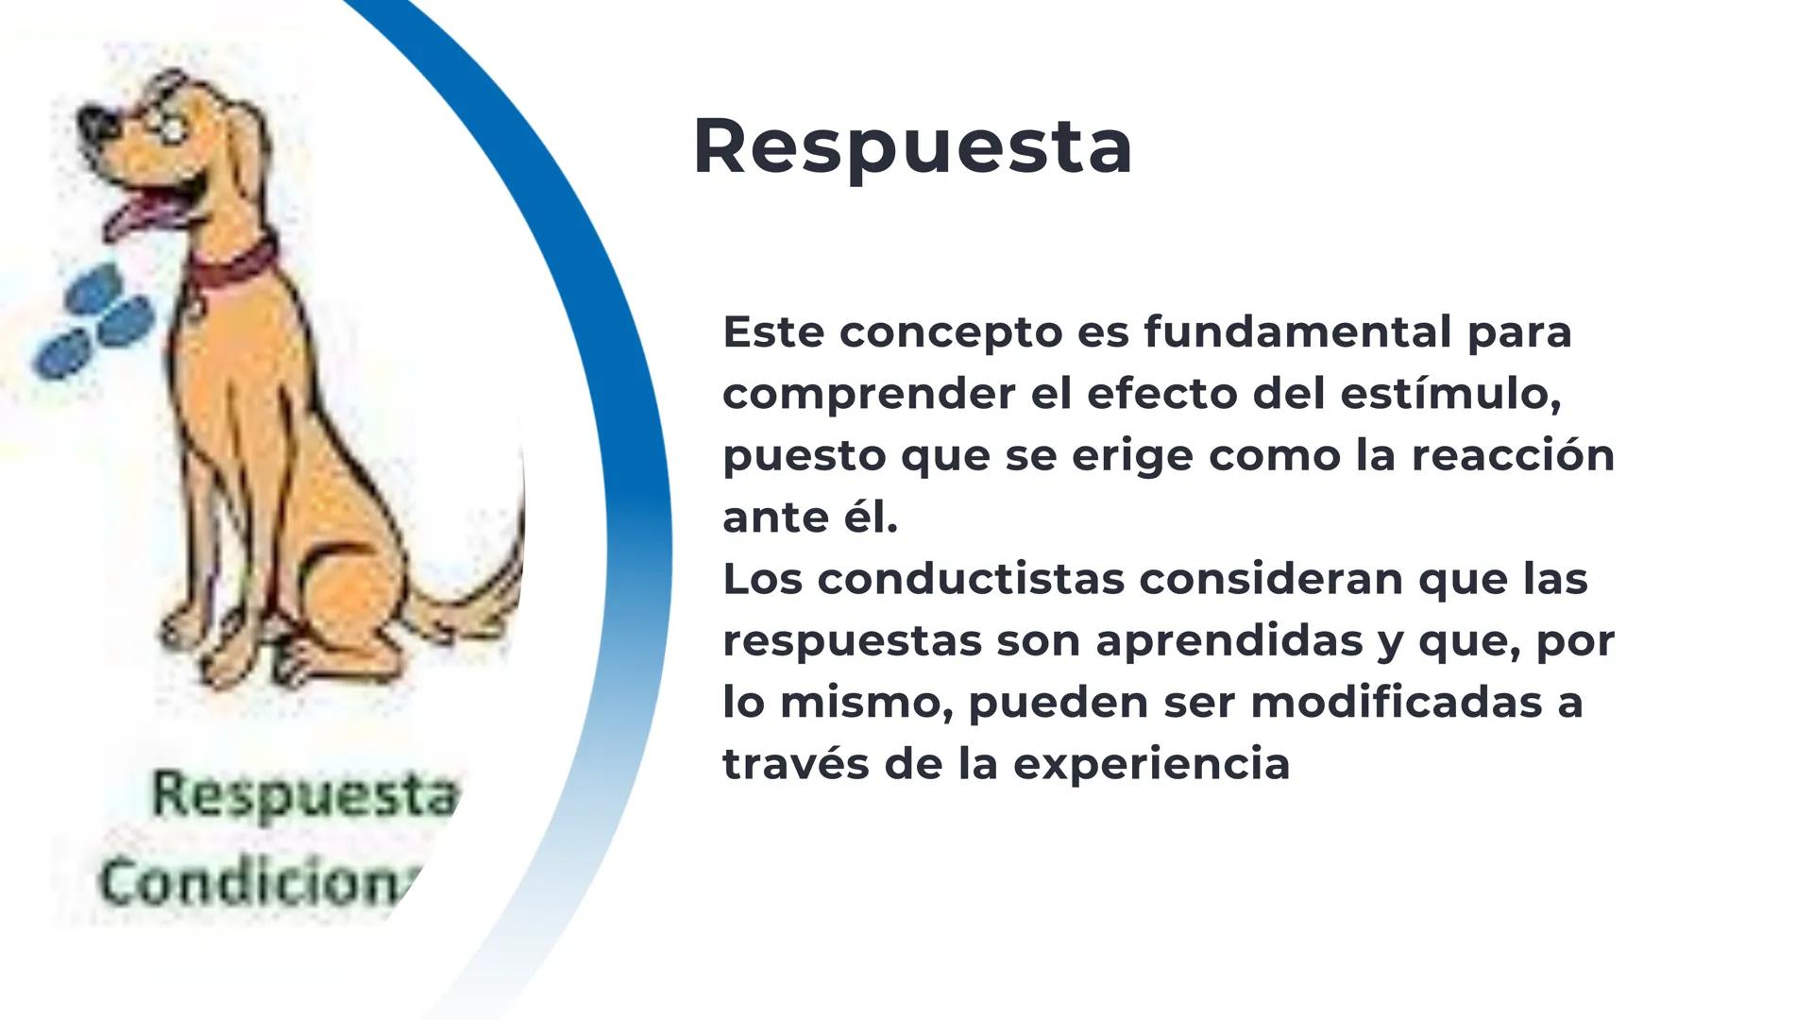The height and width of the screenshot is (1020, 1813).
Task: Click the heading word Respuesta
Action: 912,147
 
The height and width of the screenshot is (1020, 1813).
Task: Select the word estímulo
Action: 1449,394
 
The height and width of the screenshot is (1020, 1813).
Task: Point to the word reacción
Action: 1513,455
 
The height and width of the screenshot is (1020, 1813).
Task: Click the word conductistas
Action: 971,579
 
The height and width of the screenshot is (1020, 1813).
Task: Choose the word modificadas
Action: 1388,702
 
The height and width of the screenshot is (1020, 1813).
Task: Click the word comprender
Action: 869,394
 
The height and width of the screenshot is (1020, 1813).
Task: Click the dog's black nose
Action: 95,123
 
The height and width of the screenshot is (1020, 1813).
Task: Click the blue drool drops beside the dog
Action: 94,321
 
